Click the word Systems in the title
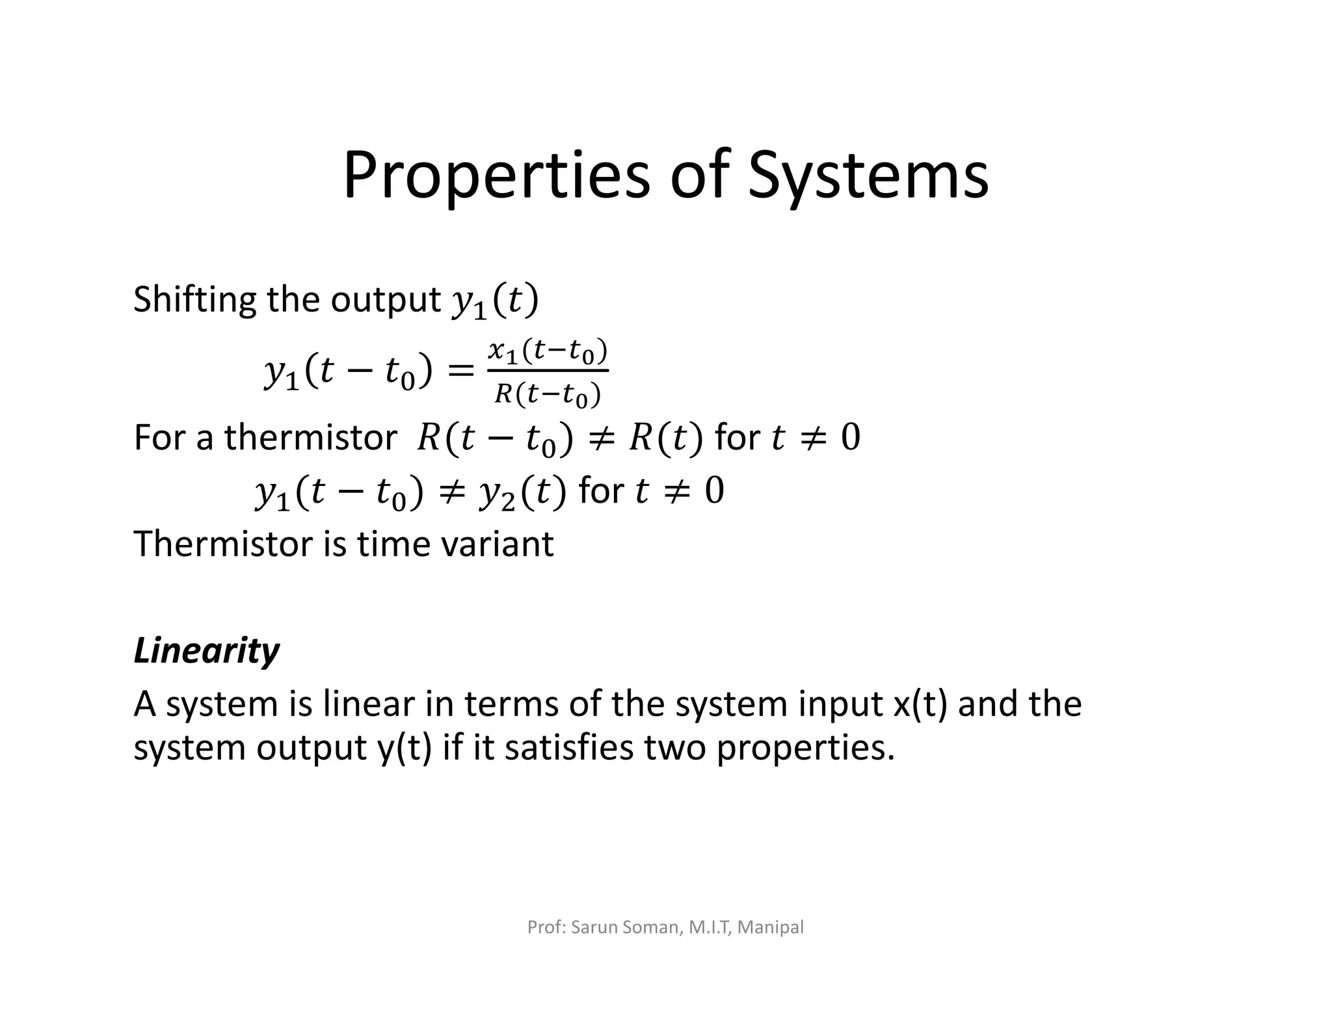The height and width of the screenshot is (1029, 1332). (x=868, y=176)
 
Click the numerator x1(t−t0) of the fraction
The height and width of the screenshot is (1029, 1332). (x=548, y=352)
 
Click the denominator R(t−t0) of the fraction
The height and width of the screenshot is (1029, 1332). (x=548, y=394)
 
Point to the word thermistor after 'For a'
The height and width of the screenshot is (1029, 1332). (x=310, y=437)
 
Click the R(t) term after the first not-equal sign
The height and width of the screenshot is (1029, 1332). (x=666, y=437)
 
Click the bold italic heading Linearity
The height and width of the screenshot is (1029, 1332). (x=206, y=650)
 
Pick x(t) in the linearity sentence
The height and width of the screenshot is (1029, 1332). (x=920, y=704)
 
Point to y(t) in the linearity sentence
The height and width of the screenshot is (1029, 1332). (x=405, y=748)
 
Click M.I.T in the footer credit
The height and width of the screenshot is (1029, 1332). (x=710, y=927)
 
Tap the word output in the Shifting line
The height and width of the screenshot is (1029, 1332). (x=386, y=300)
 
